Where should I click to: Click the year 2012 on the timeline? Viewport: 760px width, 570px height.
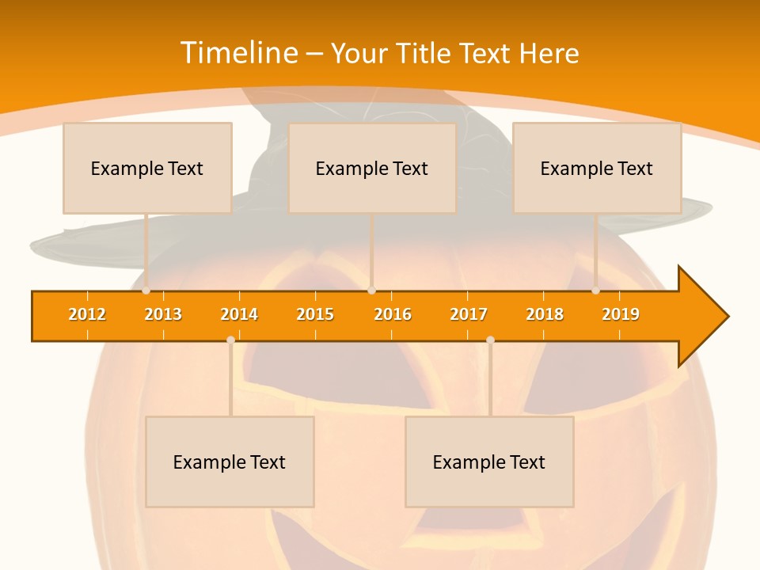87,314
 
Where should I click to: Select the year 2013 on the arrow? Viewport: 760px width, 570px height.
163,314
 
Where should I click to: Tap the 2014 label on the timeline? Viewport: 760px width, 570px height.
239,314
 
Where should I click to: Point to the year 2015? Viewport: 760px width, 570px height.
315,314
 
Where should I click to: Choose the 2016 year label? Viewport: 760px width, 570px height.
393,314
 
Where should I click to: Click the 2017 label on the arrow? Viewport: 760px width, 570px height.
469,314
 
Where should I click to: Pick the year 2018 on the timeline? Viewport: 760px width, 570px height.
545,314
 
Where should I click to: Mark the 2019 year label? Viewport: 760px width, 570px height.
621,314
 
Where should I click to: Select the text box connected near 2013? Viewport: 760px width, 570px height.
147,168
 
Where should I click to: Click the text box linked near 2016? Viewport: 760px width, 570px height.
372,168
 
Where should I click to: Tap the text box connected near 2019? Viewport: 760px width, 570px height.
597,168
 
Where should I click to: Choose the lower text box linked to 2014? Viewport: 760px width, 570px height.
230,462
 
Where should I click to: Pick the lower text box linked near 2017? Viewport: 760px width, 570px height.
489,462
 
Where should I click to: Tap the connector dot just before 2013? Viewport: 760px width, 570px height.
146,291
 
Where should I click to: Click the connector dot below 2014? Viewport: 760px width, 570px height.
230,340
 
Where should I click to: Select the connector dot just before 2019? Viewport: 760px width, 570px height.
596,291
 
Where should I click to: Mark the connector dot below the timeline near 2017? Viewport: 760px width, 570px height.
490,340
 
